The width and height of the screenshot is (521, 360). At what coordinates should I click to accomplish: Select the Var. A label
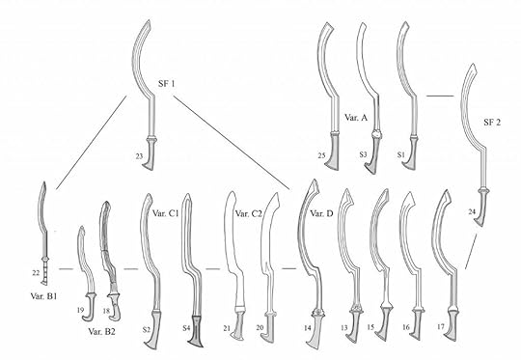(356, 116)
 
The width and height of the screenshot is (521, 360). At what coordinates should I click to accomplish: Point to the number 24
(473, 211)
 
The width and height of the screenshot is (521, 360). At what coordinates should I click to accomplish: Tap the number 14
(307, 329)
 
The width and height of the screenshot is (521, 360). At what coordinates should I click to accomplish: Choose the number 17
(441, 329)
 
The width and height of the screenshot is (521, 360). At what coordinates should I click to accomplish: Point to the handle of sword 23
(151, 154)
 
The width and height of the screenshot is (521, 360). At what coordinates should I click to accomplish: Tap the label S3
(362, 153)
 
